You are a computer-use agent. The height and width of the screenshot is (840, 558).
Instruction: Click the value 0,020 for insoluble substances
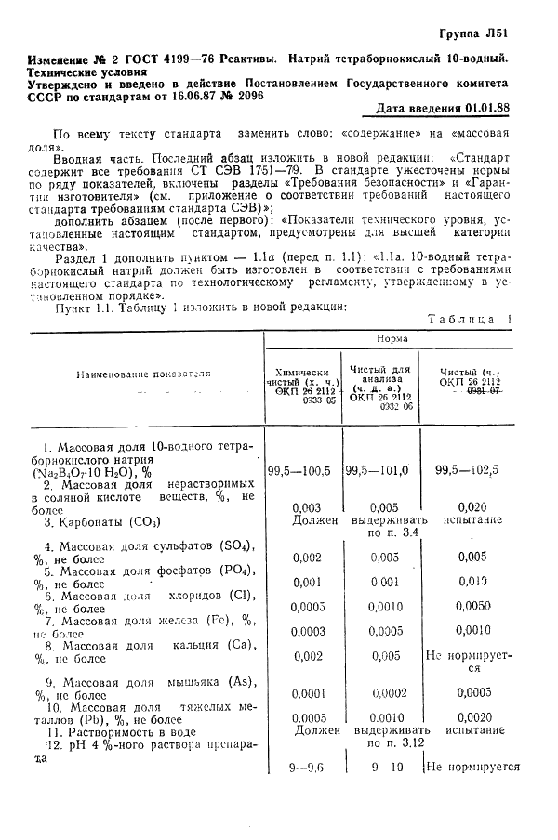[472, 507]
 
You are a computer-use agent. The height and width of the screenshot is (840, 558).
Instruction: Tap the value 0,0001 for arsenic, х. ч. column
[306, 692]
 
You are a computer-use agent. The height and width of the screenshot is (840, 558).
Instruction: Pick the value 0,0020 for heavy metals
[472, 716]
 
